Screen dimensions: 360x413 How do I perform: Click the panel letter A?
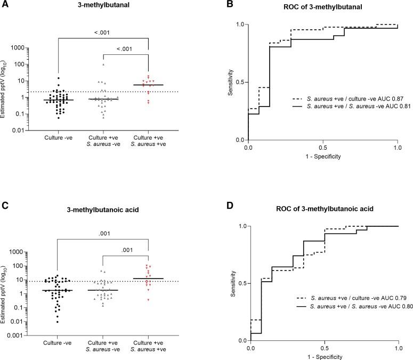(x=5, y=4)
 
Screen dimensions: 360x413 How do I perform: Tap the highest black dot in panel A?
(x=50, y=78)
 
